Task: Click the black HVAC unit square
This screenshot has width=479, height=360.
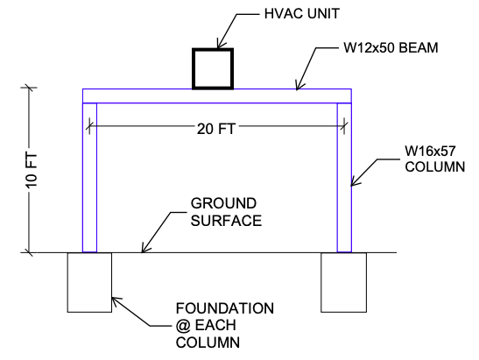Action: tap(214, 67)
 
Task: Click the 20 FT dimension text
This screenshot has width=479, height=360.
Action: tap(216, 129)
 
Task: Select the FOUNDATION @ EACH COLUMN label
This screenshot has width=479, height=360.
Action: tap(225, 325)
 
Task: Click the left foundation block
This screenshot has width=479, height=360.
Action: tap(89, 282)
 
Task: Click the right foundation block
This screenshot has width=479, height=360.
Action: tap(344, 282)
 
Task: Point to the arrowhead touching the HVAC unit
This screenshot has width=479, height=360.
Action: tap(220, 45)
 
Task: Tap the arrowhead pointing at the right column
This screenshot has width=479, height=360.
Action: tap(353, 185)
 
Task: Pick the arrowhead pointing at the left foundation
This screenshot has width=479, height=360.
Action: tap(115, 300)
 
